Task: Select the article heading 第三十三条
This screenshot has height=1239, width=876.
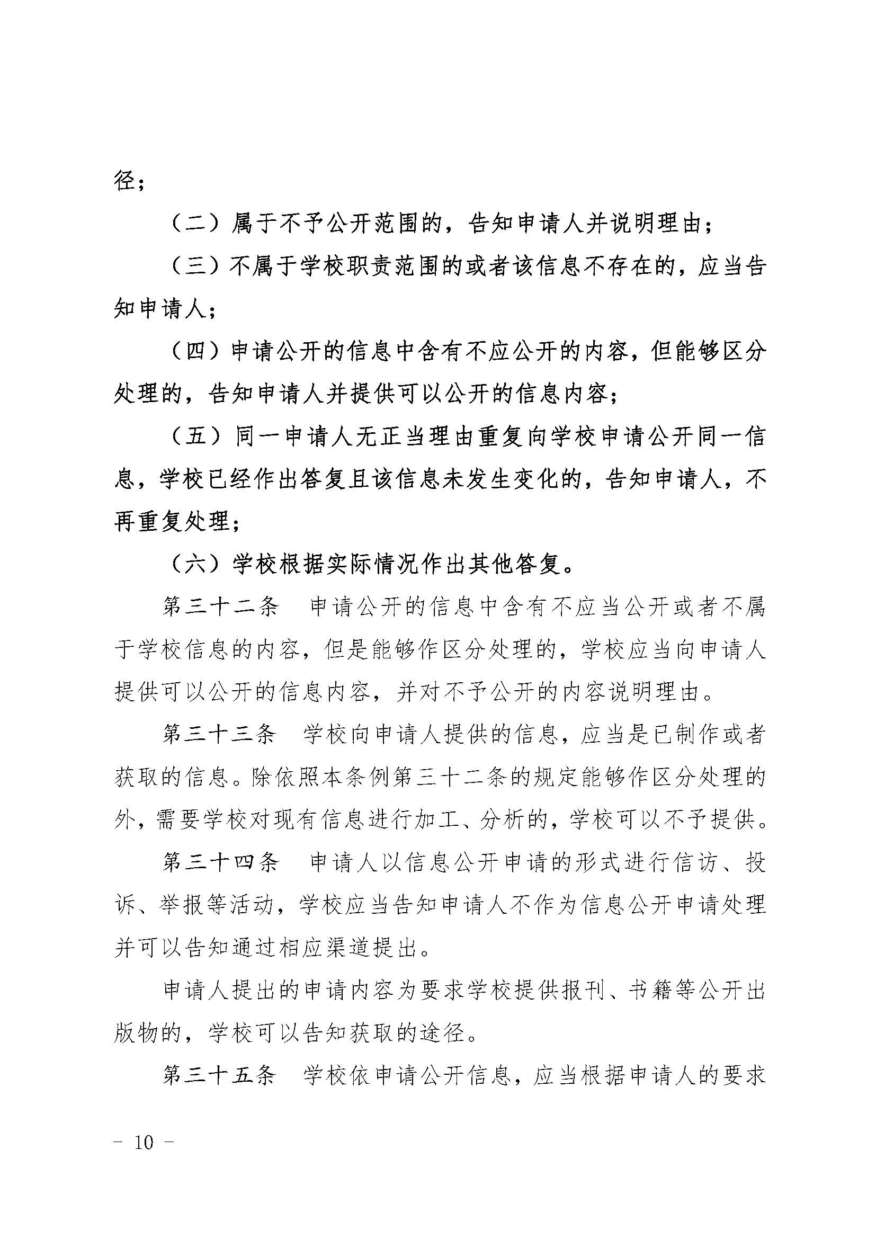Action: click(x=220, y=735)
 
